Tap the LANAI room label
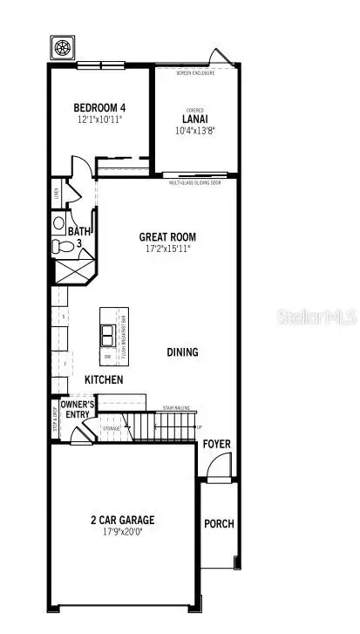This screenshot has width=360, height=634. [x=194, y=119]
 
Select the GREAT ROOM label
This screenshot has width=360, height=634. [x=167, y=236]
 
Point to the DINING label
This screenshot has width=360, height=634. [x=183, y=352]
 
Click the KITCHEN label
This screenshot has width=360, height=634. [x=104, y=380]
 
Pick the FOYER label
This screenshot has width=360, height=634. [x=217, y=444]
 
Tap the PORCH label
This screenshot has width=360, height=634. [x=219, y=524]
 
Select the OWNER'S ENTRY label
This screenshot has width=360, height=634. [x=78, y=408]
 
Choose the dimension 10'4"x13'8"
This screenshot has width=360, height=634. [x=194, y=130]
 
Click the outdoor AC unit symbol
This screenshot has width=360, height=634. [x=63, y=47]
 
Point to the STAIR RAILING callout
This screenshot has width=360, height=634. [x=176, y=407]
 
